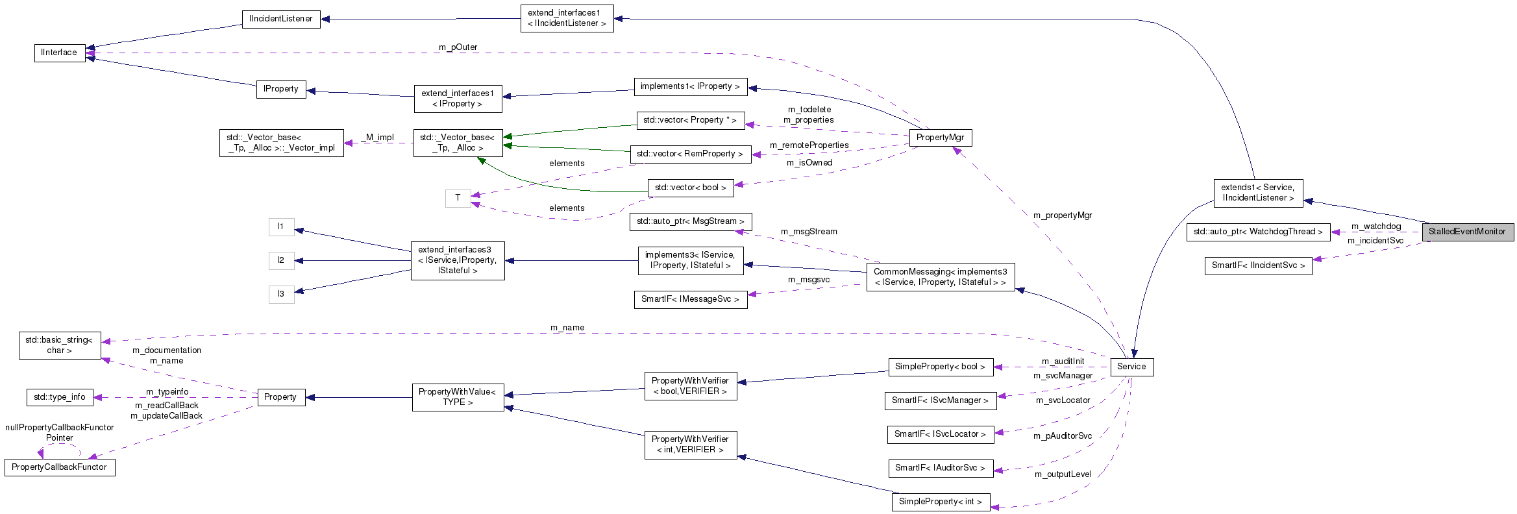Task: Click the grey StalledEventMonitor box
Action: click(x=1467, y=232)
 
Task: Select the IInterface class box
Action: click(x=59, y=53)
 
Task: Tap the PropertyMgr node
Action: click(x=940, y=138)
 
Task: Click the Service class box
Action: click(x=1131, y=367)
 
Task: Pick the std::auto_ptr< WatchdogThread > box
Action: click(x=1257, y=232)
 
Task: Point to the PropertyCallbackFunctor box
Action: click(x=59, y=467)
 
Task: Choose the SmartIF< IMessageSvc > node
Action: click(x=689, y=299)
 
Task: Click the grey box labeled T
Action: click(x=458, y=198)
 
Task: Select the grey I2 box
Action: click(x=280, y=260)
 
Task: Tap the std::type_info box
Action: click(x=59, y=397)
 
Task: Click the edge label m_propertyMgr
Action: click(x=1062, y=215)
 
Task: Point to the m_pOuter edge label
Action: click(x=458, y=47)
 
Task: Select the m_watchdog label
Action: click(x=1375, y=226)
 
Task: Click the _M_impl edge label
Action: click(x=379, y=138)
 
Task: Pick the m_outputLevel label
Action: click(x=1063, y=474)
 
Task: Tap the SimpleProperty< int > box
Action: click(x=940, y=502)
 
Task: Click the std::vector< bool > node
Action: click(x=690, y=188)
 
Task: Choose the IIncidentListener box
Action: click(x=280, y=19)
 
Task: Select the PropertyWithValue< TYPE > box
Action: click(x=458, y=397)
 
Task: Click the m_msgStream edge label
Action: click(x=808, y=232)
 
